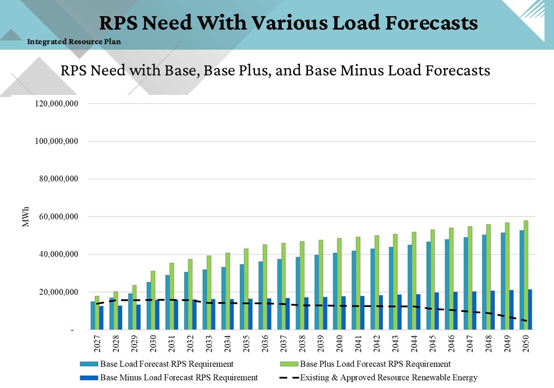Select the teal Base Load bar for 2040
tap(335, 291)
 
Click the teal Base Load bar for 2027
tap(93, 315)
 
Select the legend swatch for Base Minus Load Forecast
tap(88, 377)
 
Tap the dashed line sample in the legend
tap(288, 377)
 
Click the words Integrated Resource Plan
tap(74, 41)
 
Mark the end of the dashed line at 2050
tap(526, 321)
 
